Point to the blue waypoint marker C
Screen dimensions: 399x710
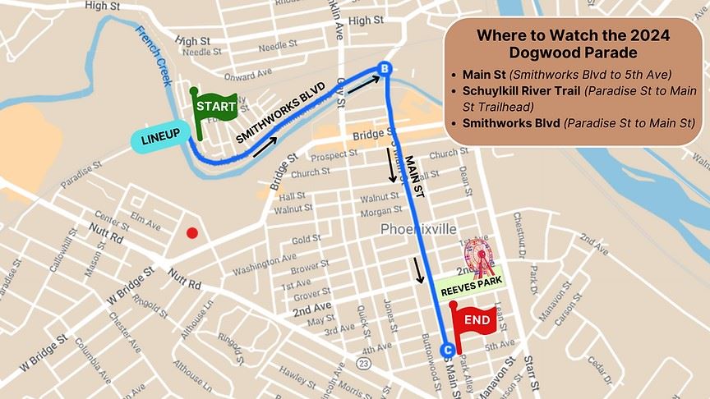[x=447, y=350]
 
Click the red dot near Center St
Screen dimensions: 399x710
[x=191, y=233]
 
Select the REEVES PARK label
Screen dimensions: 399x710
[x=471, y=291]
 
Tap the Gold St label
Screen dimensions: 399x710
[x=306, y=240]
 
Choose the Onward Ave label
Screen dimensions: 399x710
[x=247, y=74]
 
